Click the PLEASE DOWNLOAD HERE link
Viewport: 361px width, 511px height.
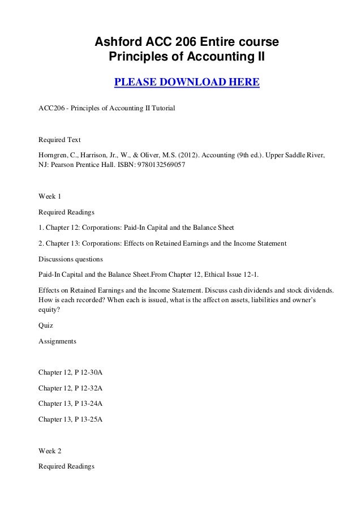point(187,84)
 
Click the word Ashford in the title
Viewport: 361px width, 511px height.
point(117,42)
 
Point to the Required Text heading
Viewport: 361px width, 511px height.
point(59,139)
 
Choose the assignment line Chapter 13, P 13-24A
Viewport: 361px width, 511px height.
point(70,405)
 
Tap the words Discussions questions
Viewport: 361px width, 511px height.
point(71,260)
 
